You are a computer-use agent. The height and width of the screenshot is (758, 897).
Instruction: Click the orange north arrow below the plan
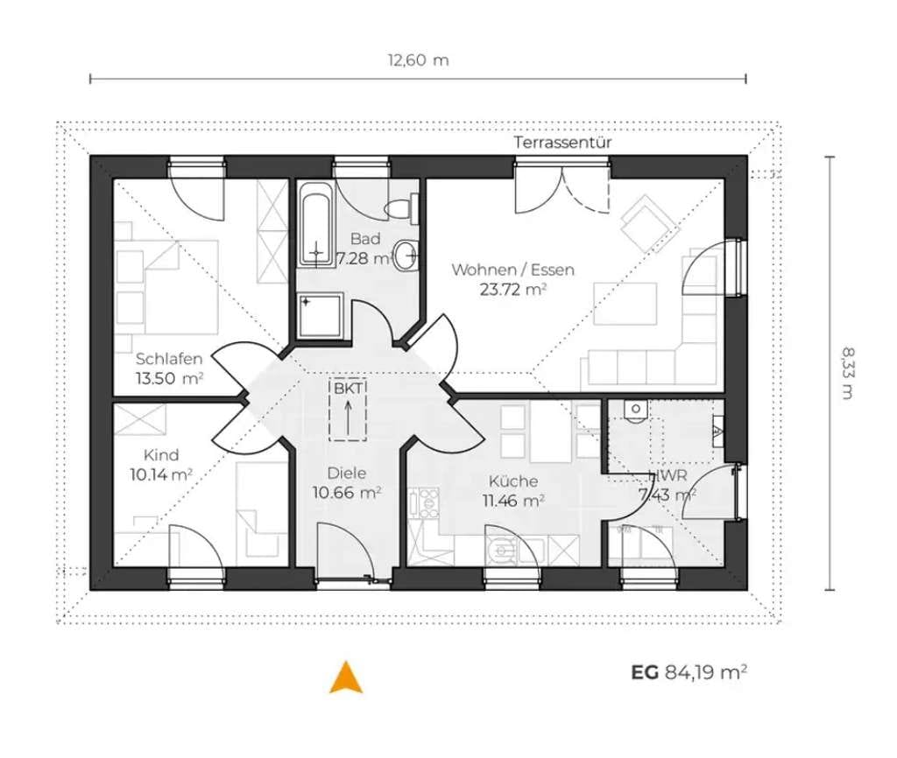point(346,678)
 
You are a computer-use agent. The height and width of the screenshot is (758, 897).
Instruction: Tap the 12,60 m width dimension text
point(418,60)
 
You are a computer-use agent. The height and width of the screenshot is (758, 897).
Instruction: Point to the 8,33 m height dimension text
point(848,373)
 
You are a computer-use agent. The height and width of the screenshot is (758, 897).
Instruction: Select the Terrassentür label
point(562,143)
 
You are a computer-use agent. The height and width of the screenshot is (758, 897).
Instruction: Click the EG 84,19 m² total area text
point(689,671)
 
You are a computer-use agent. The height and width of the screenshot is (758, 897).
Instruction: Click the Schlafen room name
point(169,359)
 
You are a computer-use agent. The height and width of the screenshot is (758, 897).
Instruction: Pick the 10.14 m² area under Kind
point(161,474)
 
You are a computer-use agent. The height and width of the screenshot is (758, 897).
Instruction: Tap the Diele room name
point(347,473)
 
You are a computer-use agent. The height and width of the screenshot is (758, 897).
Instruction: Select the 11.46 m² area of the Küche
point(513,501)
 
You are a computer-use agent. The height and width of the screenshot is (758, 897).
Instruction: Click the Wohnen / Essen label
point(512,270)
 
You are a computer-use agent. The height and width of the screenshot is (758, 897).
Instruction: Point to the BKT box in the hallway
point(348,410)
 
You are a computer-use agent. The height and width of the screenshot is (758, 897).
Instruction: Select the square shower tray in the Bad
point(321,317)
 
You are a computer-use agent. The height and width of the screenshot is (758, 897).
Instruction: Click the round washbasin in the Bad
point(408,255)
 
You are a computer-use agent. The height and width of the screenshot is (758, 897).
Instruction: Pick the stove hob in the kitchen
point(424,503)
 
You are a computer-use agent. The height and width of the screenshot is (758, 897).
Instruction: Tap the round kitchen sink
point(502,551)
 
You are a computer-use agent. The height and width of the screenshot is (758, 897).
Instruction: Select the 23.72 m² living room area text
point(512,289)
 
